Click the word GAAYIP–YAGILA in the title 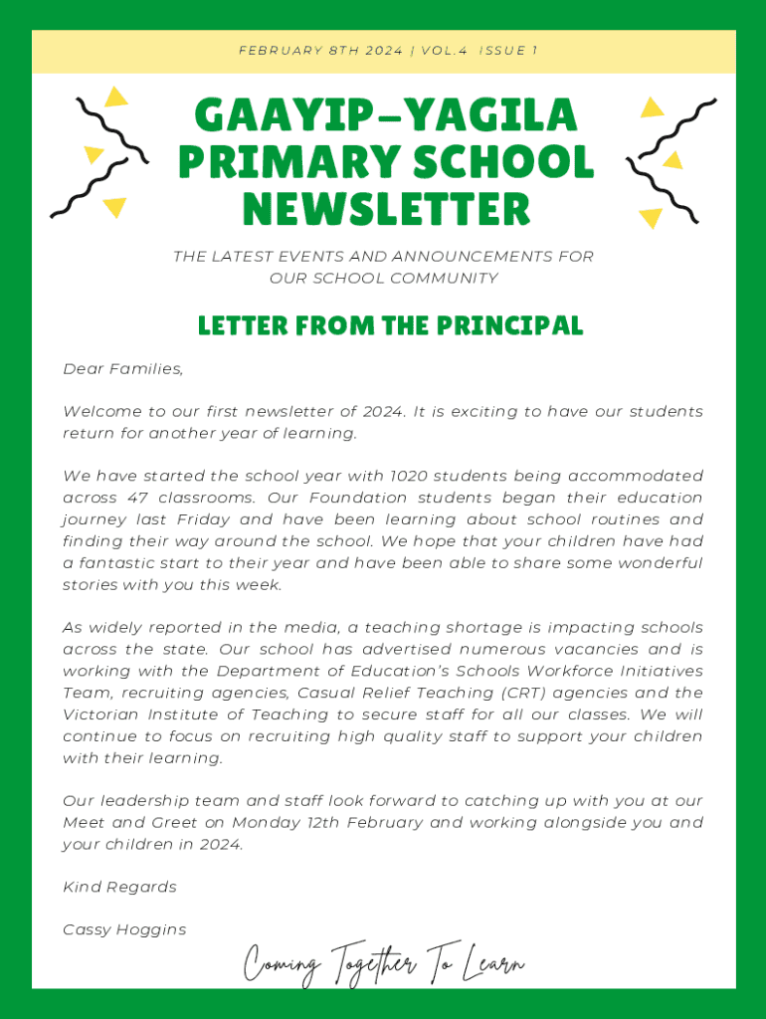[x=385, y=115]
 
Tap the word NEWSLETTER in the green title [x=385, y=209]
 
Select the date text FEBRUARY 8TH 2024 [x=320, y=51]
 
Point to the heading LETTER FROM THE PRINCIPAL [x=390, y=325]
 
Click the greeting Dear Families [x=123, y=369]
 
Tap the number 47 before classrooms [x=138, y=498]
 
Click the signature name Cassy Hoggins [x=124, y=929]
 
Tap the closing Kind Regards [x=119, y=887]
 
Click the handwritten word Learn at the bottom [x=492, y=963]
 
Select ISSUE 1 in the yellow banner [x=507, y=51]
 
